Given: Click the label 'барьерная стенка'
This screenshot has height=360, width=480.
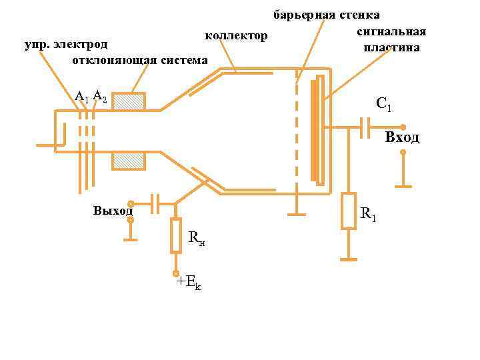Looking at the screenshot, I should pos(327,15).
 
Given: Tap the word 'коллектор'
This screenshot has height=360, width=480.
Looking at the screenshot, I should pos(237,35).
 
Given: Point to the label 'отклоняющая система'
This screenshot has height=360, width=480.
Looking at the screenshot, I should pos(140,61).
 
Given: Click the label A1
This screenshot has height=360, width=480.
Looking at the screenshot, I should pos(81,97).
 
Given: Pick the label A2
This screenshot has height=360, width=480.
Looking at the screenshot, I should pos(99,96).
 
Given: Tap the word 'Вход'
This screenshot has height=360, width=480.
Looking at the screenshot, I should pos(402,138).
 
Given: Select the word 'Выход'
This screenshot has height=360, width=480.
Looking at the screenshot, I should pos(113,211).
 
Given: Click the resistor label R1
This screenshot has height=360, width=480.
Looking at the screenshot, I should pos(369,215).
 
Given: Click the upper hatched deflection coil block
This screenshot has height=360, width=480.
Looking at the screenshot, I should pos(129,102).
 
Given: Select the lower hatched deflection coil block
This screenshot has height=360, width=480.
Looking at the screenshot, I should pos(129,161).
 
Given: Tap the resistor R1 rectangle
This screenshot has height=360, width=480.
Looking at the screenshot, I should pos(349,211).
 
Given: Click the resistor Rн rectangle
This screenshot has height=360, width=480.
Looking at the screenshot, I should pos(176,235).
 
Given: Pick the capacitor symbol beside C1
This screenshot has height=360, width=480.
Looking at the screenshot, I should pos(365,127).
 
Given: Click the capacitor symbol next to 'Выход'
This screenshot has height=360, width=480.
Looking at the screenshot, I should pos(155,203).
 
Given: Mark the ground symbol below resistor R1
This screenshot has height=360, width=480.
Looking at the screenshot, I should pos(349,257).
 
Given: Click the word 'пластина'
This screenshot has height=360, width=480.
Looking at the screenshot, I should pos(391,48).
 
